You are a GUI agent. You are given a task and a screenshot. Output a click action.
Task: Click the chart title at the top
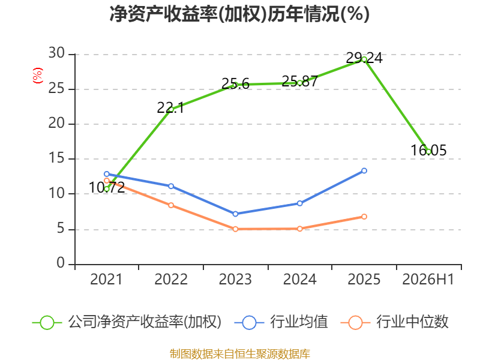(x=239, y=14)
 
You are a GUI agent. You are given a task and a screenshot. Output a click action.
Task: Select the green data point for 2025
(x=364, y=59)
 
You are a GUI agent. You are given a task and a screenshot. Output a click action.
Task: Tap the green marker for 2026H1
(x=428, y=152)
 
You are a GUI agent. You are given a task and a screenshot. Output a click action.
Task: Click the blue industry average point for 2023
(x=235, y=214)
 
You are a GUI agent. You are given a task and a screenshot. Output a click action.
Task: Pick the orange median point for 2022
(x=171, y=205)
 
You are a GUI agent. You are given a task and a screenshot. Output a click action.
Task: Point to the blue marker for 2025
(x=364, y=171)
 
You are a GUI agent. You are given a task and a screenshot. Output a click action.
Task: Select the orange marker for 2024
(x=299, y=229)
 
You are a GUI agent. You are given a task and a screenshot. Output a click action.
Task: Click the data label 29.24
(x=364, y=58)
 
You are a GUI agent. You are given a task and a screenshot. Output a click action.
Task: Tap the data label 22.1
(x=170, y=108)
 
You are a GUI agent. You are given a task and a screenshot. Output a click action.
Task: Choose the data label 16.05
(x=428, y=151)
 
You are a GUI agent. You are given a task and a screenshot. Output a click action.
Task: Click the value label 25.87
(x=299, y=81)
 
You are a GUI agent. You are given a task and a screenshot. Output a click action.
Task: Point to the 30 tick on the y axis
(x=56, y=53)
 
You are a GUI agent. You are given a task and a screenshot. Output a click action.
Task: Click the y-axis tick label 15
(x=56, y=158)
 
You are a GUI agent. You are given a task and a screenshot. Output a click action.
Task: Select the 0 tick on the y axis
(x=61, y=263)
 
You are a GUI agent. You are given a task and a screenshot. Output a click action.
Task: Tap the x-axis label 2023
(x=235, y=279)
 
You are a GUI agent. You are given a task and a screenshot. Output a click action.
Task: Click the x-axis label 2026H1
(x=428, y=279)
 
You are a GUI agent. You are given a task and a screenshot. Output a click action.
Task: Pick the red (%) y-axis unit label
(x=38, y=76)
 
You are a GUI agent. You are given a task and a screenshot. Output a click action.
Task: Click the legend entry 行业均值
(x=281, y=322)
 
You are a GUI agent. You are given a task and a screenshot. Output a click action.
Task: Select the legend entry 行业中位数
(x=395, y=322)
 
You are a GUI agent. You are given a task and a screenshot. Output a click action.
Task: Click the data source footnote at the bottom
(x=240, y=354)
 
